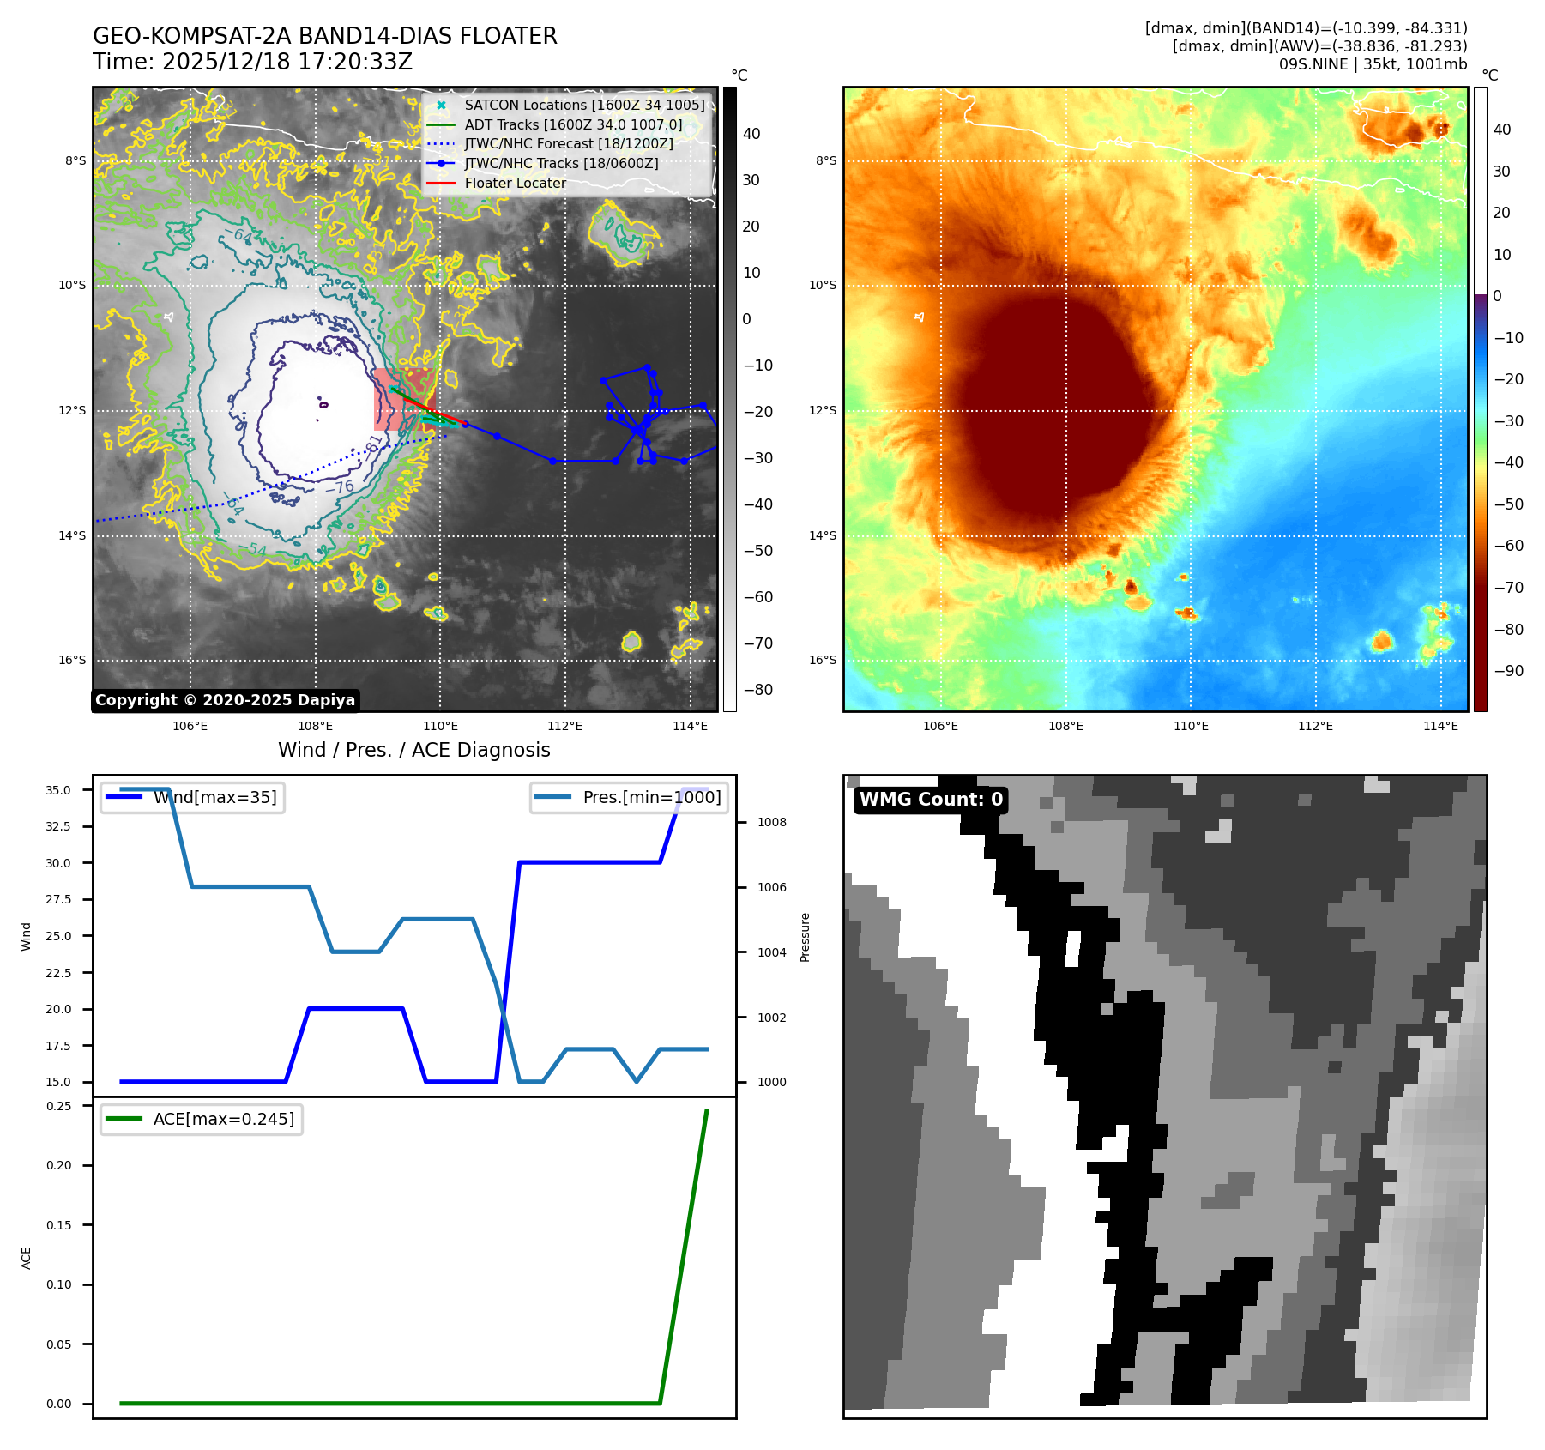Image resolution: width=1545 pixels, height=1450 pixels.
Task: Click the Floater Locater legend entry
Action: pos(515,183)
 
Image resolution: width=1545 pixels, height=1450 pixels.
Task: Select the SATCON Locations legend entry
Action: pos(584,105)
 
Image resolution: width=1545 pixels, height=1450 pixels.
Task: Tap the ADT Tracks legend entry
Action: pos(573,124)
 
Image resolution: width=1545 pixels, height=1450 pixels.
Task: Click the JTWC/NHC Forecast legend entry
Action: pos(569,143)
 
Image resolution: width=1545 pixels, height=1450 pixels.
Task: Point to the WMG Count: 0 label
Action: pos(931,800)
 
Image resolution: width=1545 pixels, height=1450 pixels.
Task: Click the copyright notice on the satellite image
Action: pos(225,700)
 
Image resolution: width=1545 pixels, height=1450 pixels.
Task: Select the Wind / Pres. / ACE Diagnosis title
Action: pos(413,750)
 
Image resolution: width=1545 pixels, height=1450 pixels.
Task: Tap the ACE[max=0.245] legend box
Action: pos(202,1119)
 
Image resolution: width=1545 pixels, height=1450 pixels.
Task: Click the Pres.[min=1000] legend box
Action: pos(629,797)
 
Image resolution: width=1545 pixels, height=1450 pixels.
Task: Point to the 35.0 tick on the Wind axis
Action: pos(58,790)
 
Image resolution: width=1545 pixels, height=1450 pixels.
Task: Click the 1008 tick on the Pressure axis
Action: pos(771,822)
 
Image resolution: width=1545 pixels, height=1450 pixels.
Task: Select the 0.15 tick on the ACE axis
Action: pos(58,1225)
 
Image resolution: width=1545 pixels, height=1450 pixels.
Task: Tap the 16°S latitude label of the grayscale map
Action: pos(72,660)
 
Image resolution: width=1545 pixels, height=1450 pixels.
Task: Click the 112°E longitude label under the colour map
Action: pos(1315,726)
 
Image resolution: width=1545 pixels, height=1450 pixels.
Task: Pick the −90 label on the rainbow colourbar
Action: pos(1508,671)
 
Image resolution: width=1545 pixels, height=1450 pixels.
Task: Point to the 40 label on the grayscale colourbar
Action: pos(751,133)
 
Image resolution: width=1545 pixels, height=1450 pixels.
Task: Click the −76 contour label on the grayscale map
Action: pos(340,487)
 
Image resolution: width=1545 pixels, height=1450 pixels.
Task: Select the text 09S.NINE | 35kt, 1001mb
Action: pos(1373,64)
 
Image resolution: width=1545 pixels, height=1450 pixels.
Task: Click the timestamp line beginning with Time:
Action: pos(252,62)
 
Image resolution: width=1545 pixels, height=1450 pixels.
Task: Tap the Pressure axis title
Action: pos(805,937)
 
